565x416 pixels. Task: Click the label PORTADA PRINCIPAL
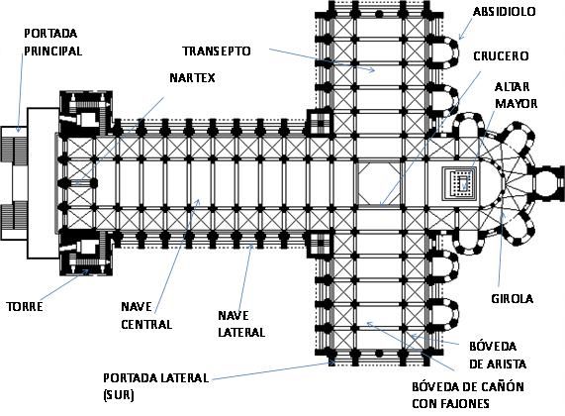pyautogui.click(x=53, y=43)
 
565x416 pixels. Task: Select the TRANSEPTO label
pyautogui.click(x=216, y=51)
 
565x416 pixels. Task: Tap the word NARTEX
pyautogui.click(x=192, y=77)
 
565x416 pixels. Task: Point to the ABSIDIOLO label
pyautogui.click(x=504, y=12)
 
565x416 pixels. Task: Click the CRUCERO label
pyautogui.click(x=501, y=56)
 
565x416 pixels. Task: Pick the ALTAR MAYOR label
pyautogui.click(x=516, y=95)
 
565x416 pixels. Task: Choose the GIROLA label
pyautogui.click(x=512, y=298)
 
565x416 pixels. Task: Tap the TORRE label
pyautogui.click(x=25, y=307)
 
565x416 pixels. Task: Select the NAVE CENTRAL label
pyautogui.click(x=146, y=316)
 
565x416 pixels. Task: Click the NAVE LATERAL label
pyautogui.click(x=241, y=324)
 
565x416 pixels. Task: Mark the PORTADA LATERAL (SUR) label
pyautogui.click(x=155, y=386)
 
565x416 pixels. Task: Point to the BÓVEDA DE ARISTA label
pyautogui.click(x=498, y=355)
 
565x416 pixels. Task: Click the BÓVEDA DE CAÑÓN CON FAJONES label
pyautogui.click(x=468, y=395)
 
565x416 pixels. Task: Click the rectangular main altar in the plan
pyautogui.click(x=460, y=183)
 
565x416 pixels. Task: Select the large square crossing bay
pyautogui.click(x=379, y=183)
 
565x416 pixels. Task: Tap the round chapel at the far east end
pyautogui.click(x=547, y=183)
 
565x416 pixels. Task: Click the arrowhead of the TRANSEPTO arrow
pyautogui.click(x=373, y=70)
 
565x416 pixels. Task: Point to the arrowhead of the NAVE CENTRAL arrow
pyautogui.click(x=198, y=201)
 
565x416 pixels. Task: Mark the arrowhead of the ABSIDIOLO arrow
pyautogui.click(x=460, y=37)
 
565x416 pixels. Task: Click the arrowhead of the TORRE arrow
pyautogui.click(x=86, y=271)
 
